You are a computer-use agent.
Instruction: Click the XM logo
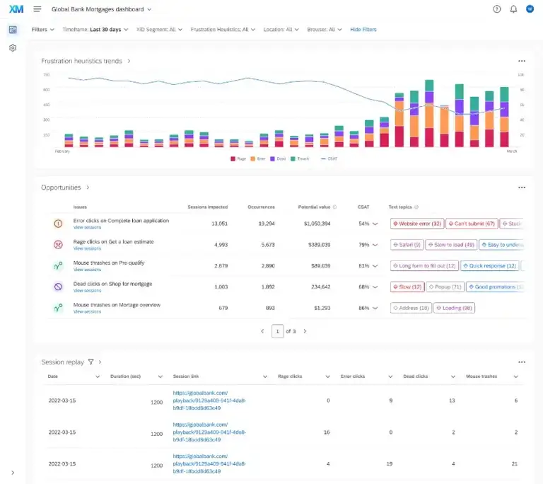[x=15, y=9]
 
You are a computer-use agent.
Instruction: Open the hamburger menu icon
[x=37, y=9]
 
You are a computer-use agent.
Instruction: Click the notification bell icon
[x=513, y=9]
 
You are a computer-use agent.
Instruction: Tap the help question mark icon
[x=496, y=9]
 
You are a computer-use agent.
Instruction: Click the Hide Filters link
[x=363, y=30]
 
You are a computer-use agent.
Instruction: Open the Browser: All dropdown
[x=325, y=30]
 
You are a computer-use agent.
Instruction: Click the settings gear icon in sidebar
[x=13, y=48]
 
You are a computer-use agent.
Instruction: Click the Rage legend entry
[x=238, y=159]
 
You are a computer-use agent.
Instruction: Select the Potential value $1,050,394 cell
[x=315, y=224]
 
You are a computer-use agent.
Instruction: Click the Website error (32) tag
[x=417, y=224]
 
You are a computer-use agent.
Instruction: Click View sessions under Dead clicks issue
[x=87, y=291]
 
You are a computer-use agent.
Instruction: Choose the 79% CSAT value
[x=364, y=245]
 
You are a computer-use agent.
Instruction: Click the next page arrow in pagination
[x=305, y=331]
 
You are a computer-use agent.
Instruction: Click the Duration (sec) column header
[x=129, y=376]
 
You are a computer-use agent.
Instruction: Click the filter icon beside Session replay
[x=90, y=362]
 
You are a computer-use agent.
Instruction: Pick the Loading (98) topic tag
[x=454, y=308]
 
